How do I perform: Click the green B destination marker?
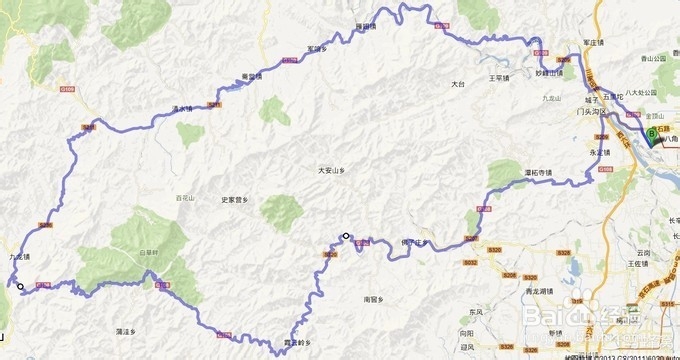653,132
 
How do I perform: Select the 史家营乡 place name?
241,200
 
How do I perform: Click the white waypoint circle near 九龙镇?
20,286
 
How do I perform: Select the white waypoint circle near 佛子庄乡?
346,236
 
